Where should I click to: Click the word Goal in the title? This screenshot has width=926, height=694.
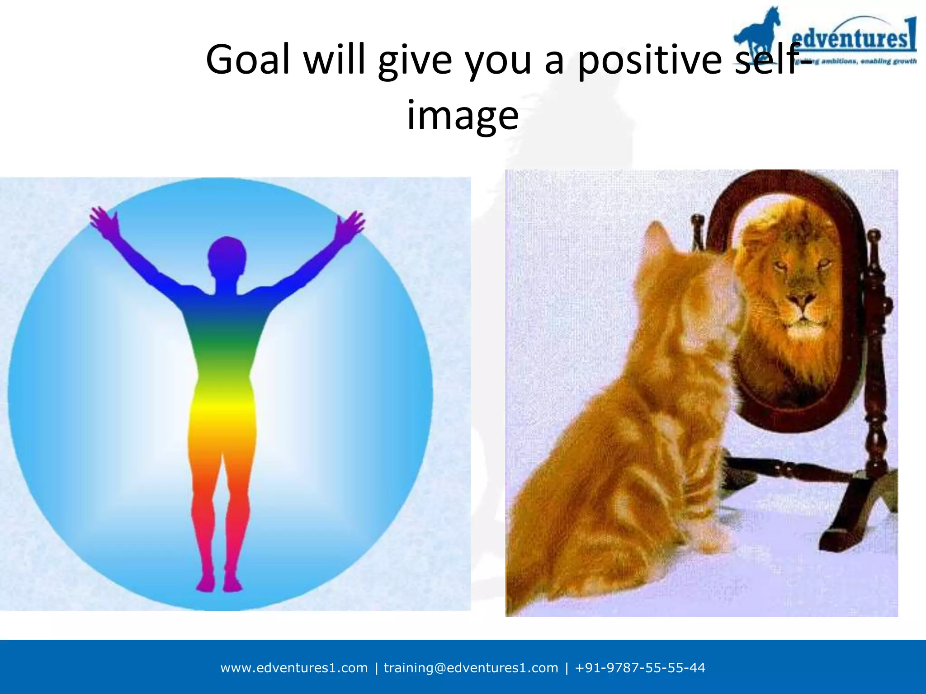248,60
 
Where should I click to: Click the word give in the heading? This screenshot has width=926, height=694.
415,61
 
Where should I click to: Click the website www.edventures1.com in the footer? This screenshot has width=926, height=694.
294,668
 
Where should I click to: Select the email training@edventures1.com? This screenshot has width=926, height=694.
471,668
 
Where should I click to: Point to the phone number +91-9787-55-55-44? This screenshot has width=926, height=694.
640,668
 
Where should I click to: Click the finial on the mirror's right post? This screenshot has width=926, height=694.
874,238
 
